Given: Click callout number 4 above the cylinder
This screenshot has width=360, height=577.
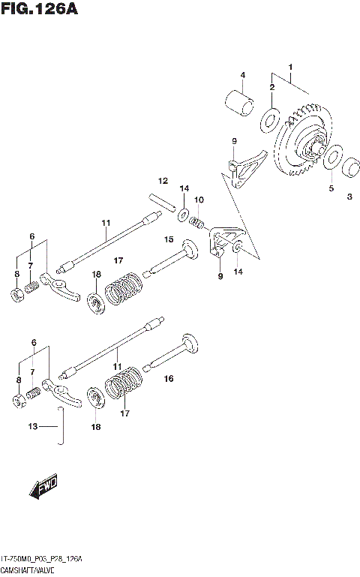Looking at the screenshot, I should pyautogui.click(x=243, y=74).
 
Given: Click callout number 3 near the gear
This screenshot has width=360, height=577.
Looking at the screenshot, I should pyautogui.click(x=349, y=197).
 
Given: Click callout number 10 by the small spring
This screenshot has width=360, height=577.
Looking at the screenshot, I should pyautogui.click(x=199, y=200).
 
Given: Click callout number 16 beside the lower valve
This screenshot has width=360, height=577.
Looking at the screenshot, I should pyautogui.click(x=169, y=380).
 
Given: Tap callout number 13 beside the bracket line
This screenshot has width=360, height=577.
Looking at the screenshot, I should pyautogui.click(x=32, y=426).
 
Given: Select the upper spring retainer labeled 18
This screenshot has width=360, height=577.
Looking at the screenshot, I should pyautogui.click(x=95, y=303).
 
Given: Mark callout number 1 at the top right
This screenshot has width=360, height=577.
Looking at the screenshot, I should pyautogui.click(x=290, y=68).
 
